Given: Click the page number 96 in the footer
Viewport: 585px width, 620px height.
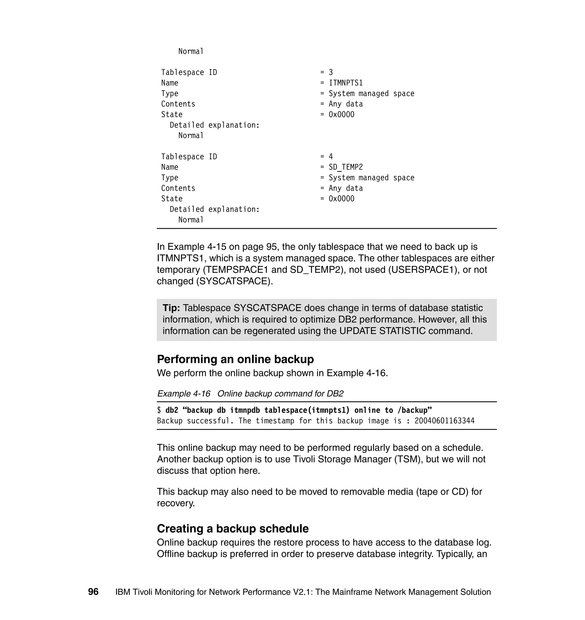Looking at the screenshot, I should [93, 592].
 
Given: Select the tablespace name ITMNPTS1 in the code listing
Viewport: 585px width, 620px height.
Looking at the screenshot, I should [346, 83].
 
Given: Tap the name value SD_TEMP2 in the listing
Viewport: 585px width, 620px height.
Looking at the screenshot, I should [346, 167].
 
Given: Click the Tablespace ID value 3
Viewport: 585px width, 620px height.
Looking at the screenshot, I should [331, 72].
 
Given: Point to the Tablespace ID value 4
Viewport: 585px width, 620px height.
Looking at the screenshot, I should [331, 157].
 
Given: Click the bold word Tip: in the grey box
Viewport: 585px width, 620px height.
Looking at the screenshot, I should [171, 308].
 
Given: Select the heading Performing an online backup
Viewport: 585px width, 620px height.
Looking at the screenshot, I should [235, 359].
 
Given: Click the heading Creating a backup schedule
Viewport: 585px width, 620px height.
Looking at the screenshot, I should [233, 528].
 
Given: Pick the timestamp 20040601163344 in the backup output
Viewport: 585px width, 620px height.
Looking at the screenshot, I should [444, 421].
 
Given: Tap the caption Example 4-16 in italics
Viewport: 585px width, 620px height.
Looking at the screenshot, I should [184, 394].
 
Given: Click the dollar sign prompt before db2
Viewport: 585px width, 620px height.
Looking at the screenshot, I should [159, 410].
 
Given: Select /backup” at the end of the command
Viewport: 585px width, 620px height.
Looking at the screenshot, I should [415, 410].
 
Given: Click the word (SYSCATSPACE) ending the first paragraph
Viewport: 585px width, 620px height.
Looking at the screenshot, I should [235, 281].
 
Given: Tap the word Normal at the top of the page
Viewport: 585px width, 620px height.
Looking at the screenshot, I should [191, 51].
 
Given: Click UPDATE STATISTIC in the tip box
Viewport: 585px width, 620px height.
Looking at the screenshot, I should [382, 331].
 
